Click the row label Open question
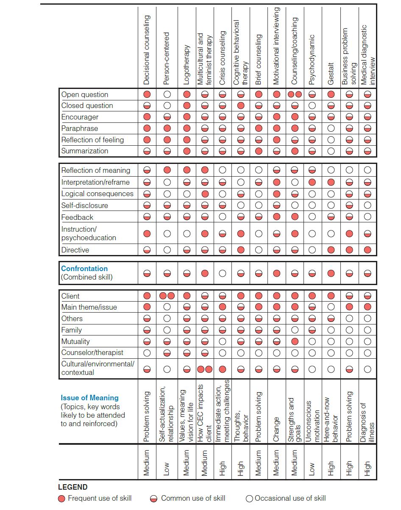click(x=85, y=94)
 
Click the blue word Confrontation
click(x=84, y=269)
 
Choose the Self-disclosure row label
click(x=85, y=205)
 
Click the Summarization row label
click(x=85, y=151)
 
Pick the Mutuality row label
click(x=75, y=341)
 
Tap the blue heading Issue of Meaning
click(x=89, y=398)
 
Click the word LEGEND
click(x=73, y=487)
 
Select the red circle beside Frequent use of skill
click(x=62, y=499)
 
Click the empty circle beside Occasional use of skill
click(x=249, y=499)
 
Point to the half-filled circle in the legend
click(x=154, y=499)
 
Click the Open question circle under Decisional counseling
click(x=147, y=94)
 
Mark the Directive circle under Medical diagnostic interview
click(x=368, y=250)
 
